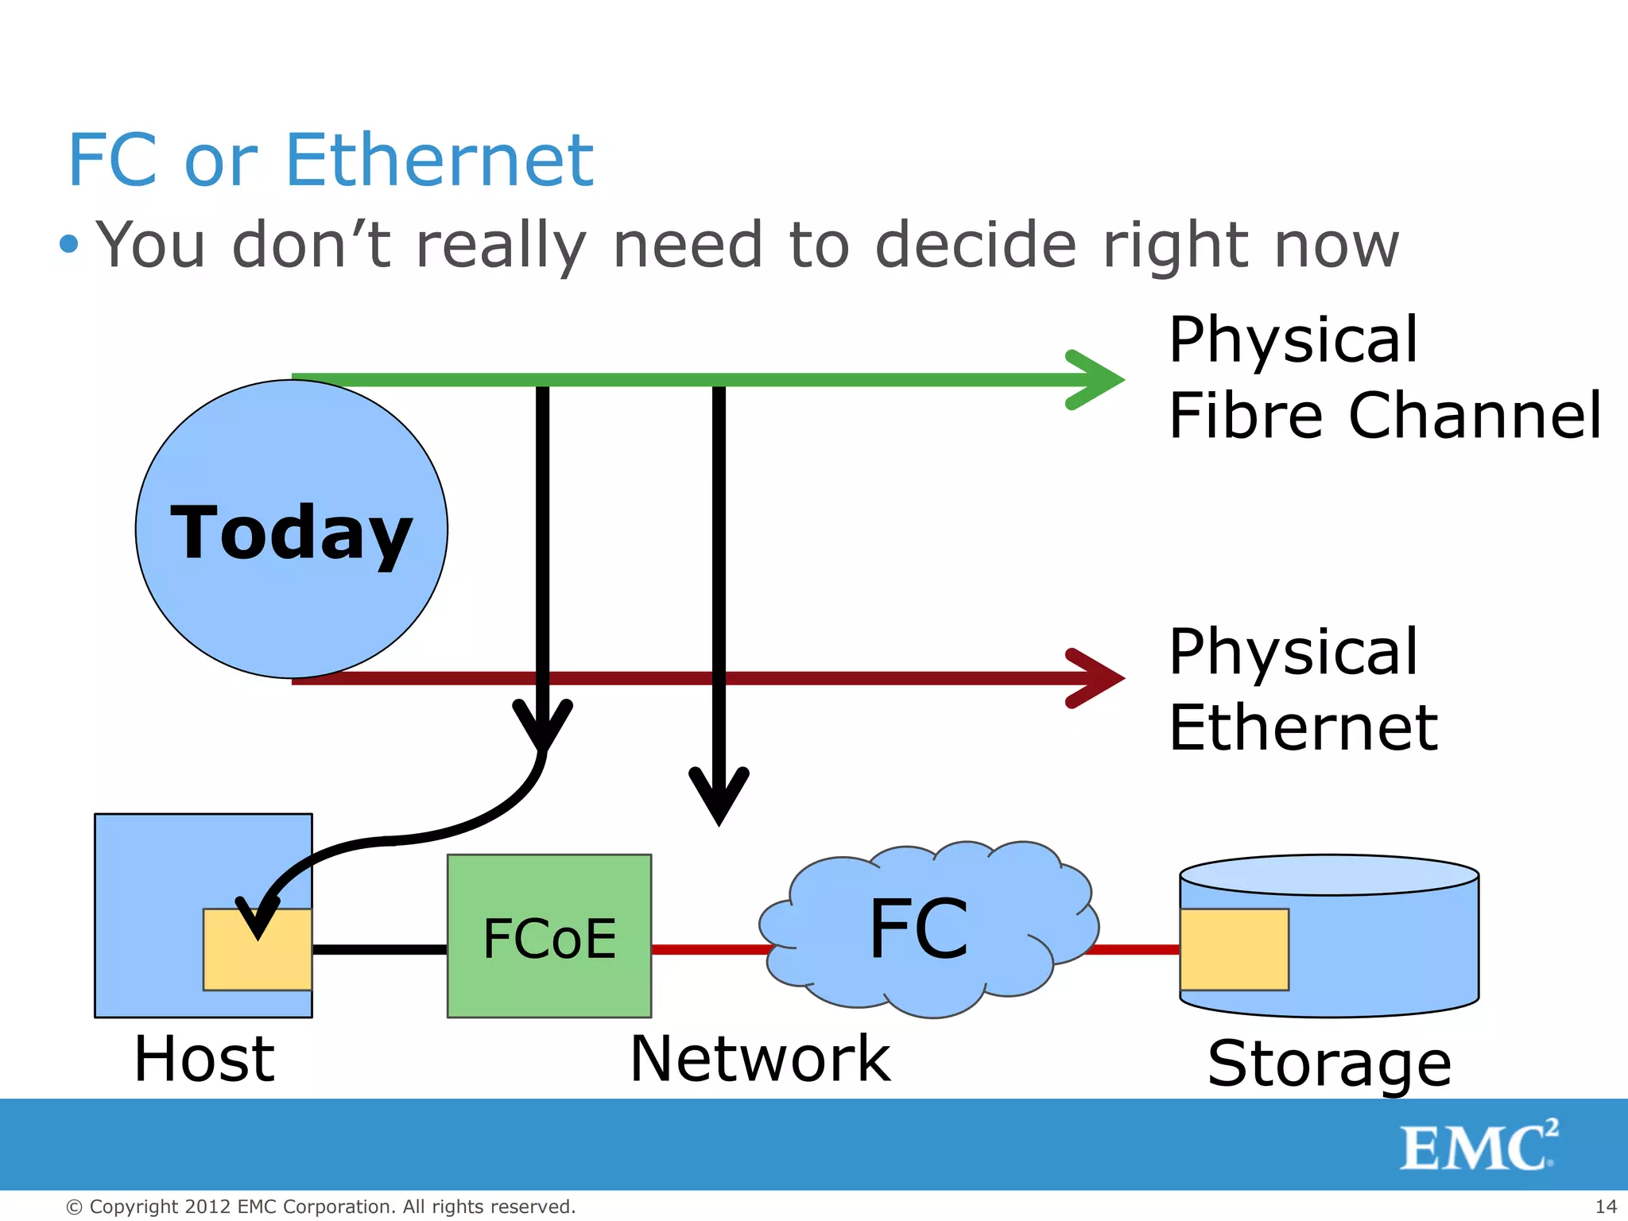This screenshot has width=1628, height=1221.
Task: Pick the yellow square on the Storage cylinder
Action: pos(1234,949)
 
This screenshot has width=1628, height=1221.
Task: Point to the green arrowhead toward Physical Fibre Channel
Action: pos(1097,380)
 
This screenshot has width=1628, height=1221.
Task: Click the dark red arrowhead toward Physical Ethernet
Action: pos(1097,678)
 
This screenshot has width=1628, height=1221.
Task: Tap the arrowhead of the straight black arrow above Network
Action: pos(719,795)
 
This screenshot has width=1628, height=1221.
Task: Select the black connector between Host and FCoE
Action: pos(379,949)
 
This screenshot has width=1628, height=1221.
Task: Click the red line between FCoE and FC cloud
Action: pos(707,949)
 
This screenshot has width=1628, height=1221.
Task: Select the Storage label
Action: pos(1329,1064)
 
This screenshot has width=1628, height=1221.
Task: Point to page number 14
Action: pos(1606,1207)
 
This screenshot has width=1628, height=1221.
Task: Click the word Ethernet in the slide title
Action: pos(439,161)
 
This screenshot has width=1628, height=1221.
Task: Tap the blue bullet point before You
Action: pos(70,243)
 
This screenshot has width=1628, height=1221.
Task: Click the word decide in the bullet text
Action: pos(975,245)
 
